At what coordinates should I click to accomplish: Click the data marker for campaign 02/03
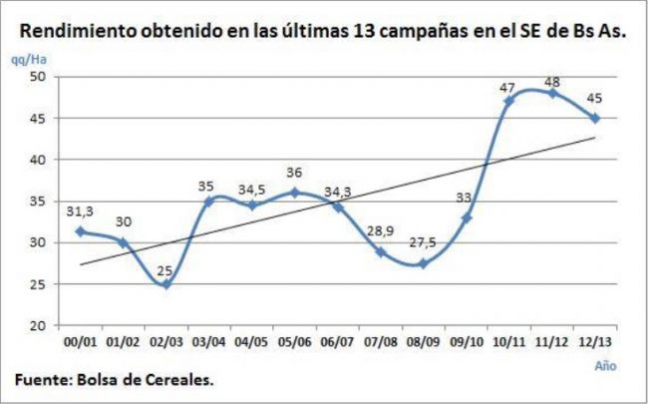pyautogui.click(x=165, y=284)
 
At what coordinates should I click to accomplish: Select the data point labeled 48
pyautogui.click(x=552, y=93)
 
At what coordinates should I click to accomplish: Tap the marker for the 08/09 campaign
pyautogui.click(x=424, y=263)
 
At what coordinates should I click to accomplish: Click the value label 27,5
pyautogui.click(x=423, y=242)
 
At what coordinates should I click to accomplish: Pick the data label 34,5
pyautogui.click(x=252, y=187)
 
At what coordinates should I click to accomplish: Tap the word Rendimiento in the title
pyautogui.click(x=77, y=31)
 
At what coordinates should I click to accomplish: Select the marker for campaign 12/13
pyautogui.click(x=595, y=118)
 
